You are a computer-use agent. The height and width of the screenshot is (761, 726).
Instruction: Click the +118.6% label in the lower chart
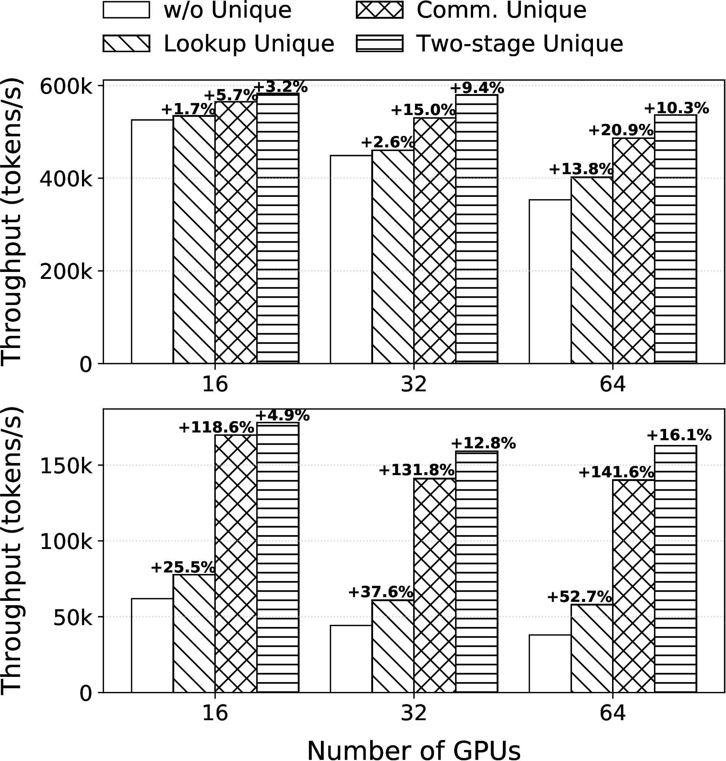coord(216,427)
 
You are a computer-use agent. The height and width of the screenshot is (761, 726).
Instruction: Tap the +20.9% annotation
coord(621,130)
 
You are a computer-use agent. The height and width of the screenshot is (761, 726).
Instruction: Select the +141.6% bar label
coord(616,473)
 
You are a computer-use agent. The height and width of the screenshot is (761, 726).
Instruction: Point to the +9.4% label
coord(477,88)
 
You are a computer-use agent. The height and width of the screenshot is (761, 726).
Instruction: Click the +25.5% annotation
coord(183,568)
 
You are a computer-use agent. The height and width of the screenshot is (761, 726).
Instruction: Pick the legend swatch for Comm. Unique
coord(379,10)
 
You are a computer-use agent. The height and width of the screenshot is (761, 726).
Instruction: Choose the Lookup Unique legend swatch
coord(126,44)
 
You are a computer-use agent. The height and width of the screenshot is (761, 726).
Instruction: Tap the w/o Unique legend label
coord(228,10)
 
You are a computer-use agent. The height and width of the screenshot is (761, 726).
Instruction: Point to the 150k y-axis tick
coord(66,466)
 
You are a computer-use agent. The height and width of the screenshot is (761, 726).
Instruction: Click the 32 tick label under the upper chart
coord(414,384)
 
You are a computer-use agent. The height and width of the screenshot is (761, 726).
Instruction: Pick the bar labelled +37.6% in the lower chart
coord(393,646)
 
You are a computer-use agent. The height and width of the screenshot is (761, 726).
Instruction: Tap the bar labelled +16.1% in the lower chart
coord(675,569)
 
